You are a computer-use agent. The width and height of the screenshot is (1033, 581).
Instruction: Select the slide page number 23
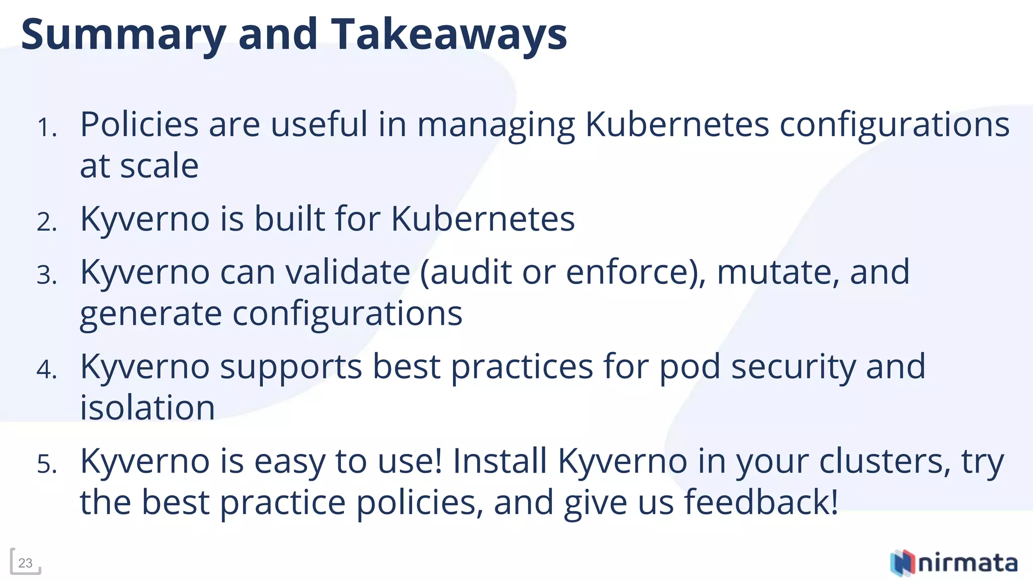(25, 563)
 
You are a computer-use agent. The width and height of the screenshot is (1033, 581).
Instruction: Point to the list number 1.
(47, 127)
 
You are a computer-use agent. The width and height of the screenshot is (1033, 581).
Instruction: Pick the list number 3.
(47, 275)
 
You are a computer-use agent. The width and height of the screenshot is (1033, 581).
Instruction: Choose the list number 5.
(47, 463)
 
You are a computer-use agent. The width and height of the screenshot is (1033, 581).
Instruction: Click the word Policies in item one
(139, 124)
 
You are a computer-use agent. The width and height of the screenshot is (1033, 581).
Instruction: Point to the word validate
(348, 272)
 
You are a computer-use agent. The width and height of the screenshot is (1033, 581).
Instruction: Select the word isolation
(147, 408)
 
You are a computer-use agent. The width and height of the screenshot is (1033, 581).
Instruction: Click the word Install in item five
(499, 461)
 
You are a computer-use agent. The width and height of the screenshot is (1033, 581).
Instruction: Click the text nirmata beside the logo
(967, 563)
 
